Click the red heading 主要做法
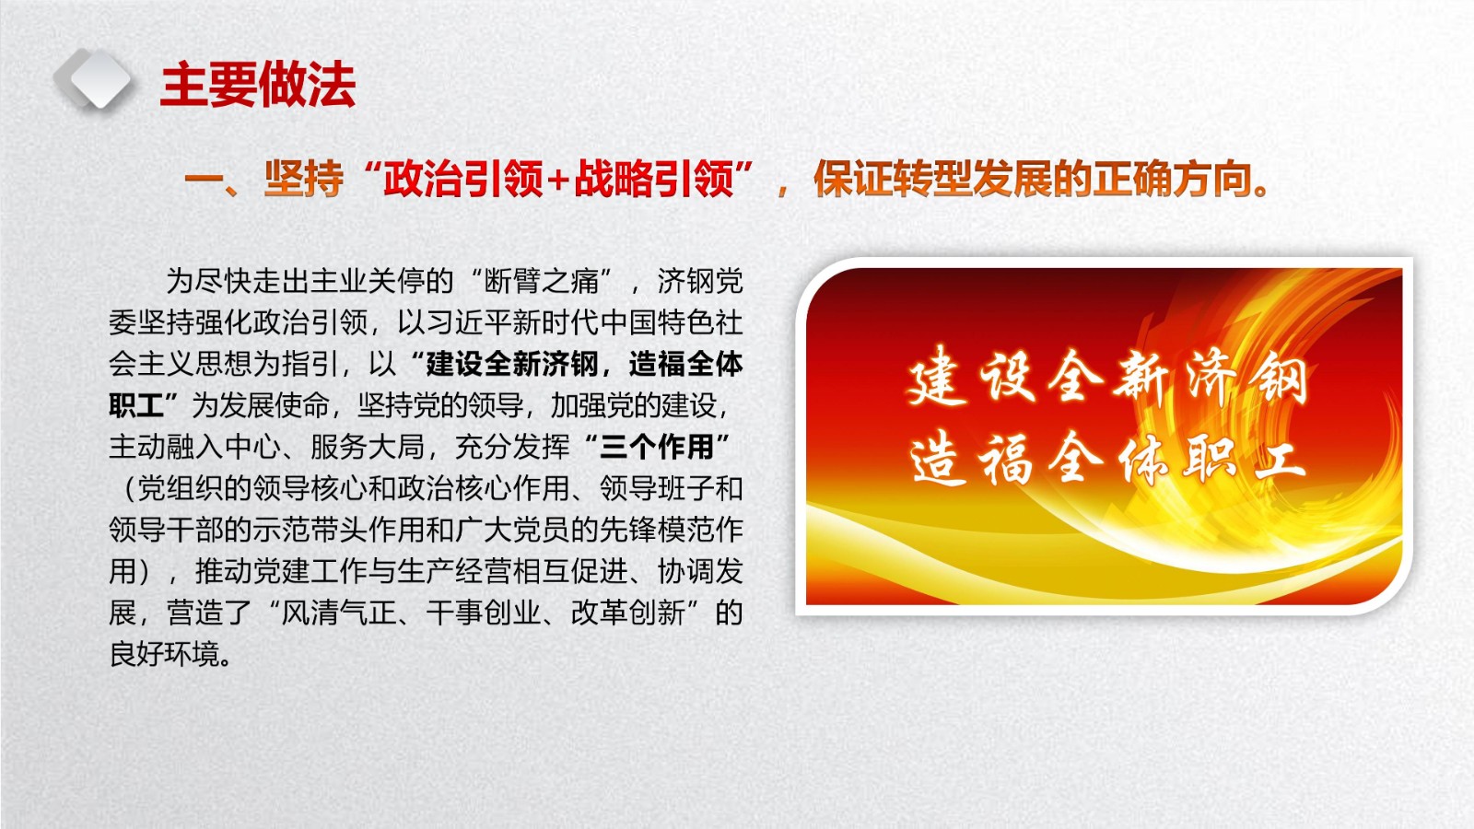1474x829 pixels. coord(257,85)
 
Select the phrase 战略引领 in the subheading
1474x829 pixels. coord(653,179)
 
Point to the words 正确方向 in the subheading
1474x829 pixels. coord(1172,179)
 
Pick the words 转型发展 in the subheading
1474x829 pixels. coord(932,179)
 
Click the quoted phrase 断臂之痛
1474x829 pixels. coord(542,282)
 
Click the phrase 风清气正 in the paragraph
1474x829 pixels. coord(338,613)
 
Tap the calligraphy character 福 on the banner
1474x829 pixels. coord(1004,459)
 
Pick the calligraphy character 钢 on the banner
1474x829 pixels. coord(1278,376)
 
